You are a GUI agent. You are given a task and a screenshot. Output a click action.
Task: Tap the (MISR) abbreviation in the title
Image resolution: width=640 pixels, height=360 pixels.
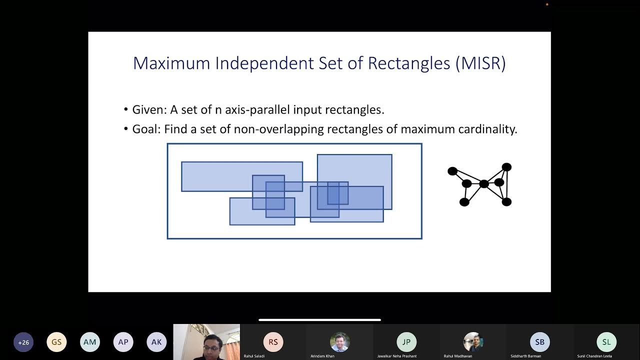pos(480,63)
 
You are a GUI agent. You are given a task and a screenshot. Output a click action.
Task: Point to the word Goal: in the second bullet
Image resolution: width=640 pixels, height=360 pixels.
pos(146,129)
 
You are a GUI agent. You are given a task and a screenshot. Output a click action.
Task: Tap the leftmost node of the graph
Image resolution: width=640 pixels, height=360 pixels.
pos(452,171)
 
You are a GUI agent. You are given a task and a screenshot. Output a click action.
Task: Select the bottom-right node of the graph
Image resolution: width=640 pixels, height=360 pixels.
pos(506,201)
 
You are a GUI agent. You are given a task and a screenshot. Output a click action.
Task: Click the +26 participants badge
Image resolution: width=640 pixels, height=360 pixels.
pos(23,342)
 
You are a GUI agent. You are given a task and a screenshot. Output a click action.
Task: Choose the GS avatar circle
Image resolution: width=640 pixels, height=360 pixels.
pos(56,342)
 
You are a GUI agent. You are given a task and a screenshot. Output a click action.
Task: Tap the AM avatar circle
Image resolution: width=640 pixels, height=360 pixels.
pos(90,342)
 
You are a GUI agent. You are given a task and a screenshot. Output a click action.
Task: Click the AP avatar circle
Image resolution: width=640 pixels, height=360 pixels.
pos(123,342)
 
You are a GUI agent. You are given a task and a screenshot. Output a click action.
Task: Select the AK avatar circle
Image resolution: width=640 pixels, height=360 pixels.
pos(156,342)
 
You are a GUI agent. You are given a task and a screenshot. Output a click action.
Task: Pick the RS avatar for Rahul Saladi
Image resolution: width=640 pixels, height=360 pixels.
pos(273,342)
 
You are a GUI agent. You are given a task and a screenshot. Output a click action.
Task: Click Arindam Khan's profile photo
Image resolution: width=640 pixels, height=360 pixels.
pos(340,342)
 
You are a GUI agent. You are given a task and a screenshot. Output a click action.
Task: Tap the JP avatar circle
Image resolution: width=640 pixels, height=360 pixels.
pos(406,342)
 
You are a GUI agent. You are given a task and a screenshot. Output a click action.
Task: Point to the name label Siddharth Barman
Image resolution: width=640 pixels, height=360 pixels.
pos(525,356)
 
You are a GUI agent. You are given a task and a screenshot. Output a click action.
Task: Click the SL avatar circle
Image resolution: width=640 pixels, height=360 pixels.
pos(606,342)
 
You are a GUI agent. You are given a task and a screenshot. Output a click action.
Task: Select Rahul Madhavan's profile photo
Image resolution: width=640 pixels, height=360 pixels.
pos(473,342)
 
